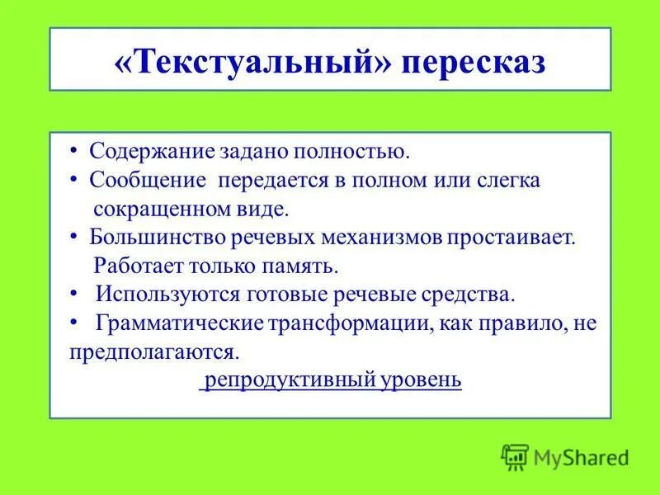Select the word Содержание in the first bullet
(142, 152)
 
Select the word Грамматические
(179, 323)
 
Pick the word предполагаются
(153, 352)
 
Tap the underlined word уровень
(420, 380)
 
